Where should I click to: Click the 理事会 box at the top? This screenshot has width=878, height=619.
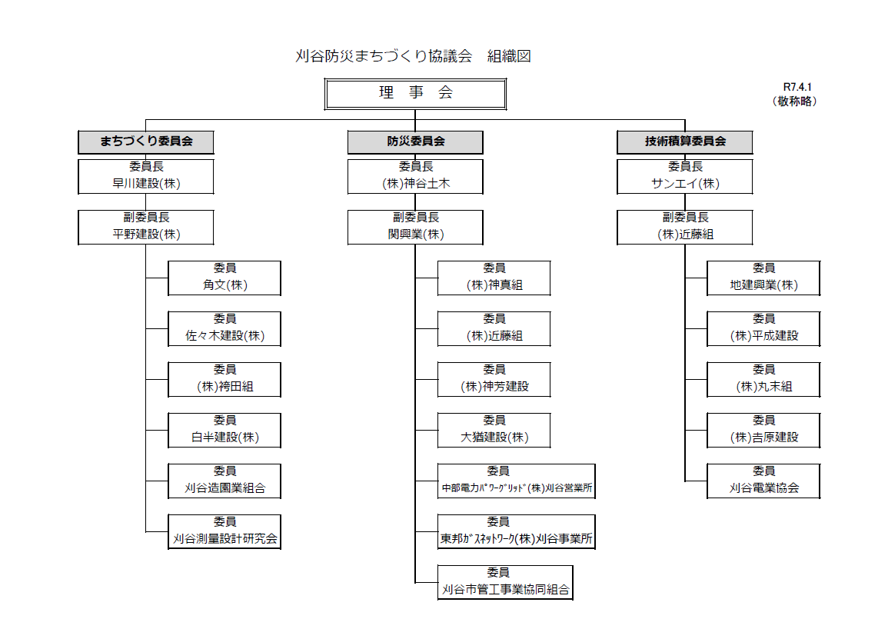coord(415,94)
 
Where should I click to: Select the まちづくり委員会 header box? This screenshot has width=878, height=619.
coord(146,141)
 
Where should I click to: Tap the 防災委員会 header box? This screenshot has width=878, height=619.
coord(415,141)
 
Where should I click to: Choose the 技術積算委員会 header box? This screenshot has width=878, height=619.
coord(685,141)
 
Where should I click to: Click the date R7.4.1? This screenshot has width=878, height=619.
coord(797,87)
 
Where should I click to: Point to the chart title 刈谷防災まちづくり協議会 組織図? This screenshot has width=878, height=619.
coord(413,56)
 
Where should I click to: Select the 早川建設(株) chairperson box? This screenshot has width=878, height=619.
coord(146,176)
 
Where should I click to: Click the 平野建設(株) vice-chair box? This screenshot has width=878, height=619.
coord(146,228)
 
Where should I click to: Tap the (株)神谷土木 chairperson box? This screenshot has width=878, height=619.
coord(415,176)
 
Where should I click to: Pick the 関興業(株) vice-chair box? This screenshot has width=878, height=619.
coord(415,228)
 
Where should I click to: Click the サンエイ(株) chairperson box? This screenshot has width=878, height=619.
coord(685,176)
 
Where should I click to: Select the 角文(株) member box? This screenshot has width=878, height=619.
coord(224,278)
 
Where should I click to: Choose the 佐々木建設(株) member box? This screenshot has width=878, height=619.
coord(224,329)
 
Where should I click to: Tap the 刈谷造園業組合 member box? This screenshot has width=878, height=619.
coord(224,481)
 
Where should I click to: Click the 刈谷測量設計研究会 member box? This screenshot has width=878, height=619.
coord(224,531)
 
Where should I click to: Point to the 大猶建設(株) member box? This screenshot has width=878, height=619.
coord(494,430)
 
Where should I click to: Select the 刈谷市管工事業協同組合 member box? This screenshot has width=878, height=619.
coord(505,583)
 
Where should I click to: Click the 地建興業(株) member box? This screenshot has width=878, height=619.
coord(763,278)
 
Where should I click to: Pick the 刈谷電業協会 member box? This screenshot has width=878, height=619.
coord(763,481)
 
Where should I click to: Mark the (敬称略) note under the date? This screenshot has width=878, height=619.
coord(794,102)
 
